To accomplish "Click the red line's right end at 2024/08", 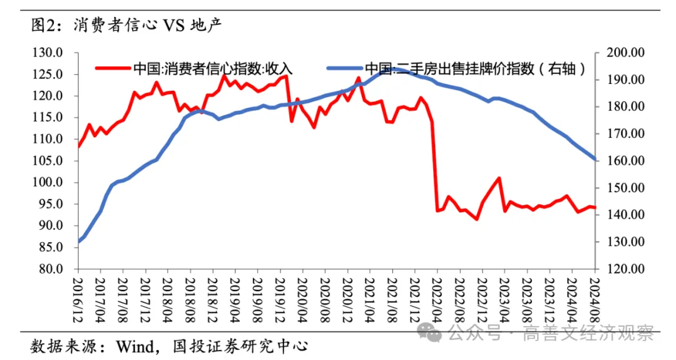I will [595, 207].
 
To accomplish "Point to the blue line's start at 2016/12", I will [79, 242].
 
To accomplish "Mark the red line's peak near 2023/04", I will [499, 178].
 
